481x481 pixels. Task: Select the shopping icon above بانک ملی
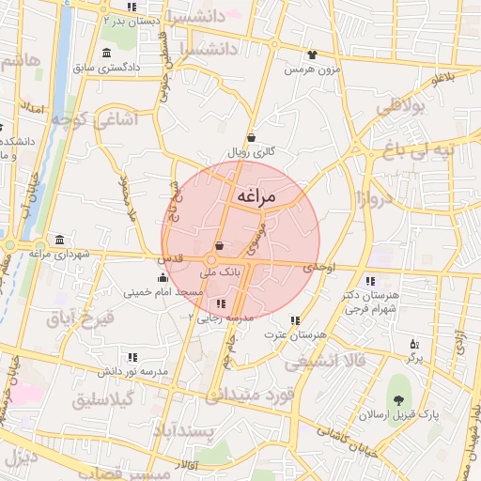(x=219, y=246)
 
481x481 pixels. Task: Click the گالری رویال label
(x=251, y=151)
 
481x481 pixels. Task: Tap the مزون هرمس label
(x=311, y=69)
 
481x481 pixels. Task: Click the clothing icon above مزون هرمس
(x=311, y=54)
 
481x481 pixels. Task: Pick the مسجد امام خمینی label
(x=164, y=292)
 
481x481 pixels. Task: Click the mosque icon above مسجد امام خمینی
(x=163, y=277)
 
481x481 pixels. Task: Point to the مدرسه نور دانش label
(x=133, y=372)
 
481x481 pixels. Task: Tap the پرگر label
(x=414, y=358)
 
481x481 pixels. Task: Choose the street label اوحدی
(x=318, y=270)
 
